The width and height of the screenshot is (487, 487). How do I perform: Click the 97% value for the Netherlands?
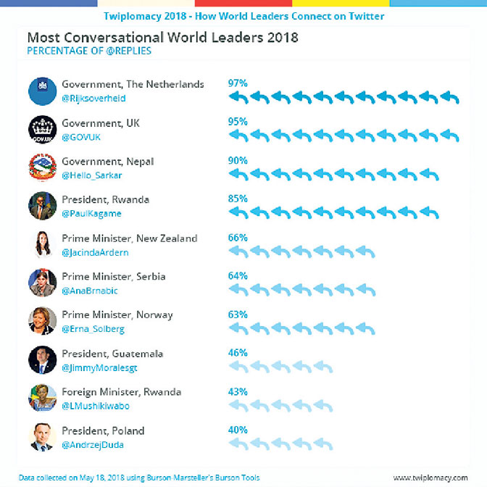pyautogui.click(x=238, y=83)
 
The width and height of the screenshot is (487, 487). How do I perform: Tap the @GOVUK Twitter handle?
pyautogui.click(x=81, y=137)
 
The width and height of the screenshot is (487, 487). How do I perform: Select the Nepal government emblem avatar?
pyautogui.click(x=43, y=167)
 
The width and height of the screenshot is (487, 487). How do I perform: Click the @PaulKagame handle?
pyautogui.click(x=91, y=213)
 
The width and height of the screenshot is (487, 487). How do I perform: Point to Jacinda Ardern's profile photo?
pyautogui.click(x=43, y=244)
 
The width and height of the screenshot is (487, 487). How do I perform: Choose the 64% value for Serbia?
pyautogui.click(x=238, y=276)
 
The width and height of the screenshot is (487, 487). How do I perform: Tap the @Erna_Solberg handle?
pyautogui.click(x=93, y=329)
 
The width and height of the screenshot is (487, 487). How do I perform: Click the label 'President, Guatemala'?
pyautogui.click(x=112, y=354)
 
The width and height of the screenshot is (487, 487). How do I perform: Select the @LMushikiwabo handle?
pyautogui.click(x=96, y=406)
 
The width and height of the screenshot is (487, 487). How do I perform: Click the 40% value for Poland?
pyautogui.click(x=238, y=430)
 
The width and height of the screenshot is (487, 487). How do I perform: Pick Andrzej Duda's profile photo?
pyautogui.click(x=43, y=437)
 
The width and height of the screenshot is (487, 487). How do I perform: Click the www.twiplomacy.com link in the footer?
pyautogui.click(x=430, y=478)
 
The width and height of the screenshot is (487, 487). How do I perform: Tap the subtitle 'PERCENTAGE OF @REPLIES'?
pyautogui.click(x=89, y=51)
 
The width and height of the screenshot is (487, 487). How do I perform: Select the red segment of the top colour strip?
pyautogui.click(x=243, y=3)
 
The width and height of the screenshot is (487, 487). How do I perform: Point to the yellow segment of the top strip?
pyautogui.click(x=341, y=3)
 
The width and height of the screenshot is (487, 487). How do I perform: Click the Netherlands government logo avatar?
pyautogui.click(x=43, y=91)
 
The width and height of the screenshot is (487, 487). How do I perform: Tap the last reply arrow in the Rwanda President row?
pyautogui.click(x=429, y=212)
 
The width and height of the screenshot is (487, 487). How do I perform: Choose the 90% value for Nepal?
pyautogui.click(x=238, y=161)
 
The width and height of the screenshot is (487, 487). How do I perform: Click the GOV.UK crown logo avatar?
pyautogui.click(x=43, y=130)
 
